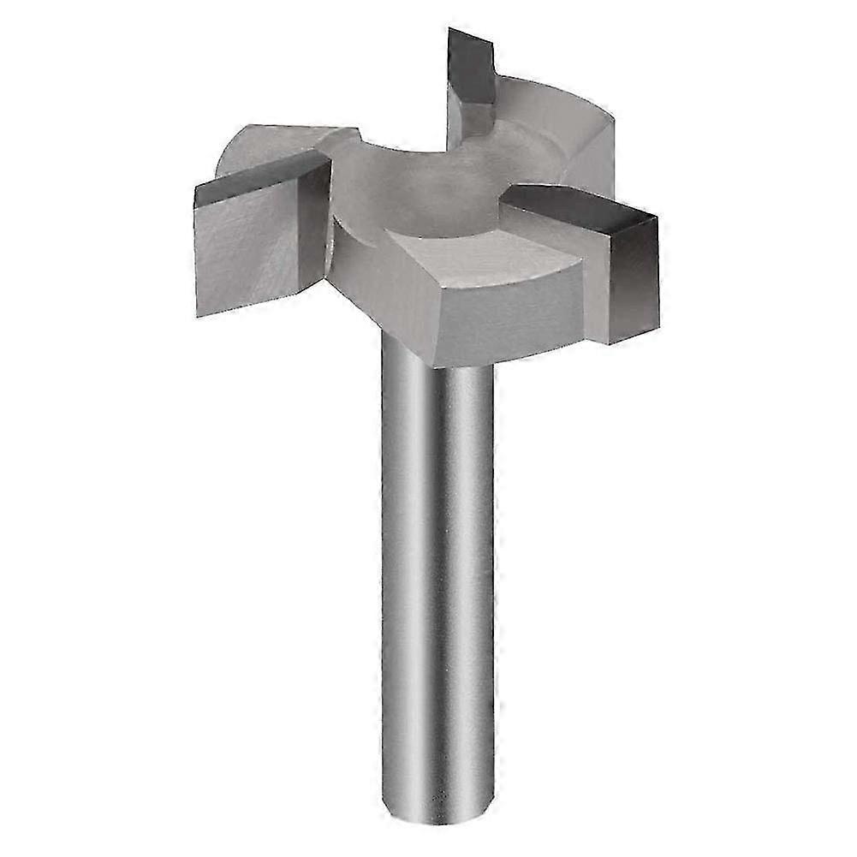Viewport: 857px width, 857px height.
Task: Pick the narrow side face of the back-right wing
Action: click(591, 163)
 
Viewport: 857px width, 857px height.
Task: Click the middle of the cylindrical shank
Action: click(437, 582)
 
